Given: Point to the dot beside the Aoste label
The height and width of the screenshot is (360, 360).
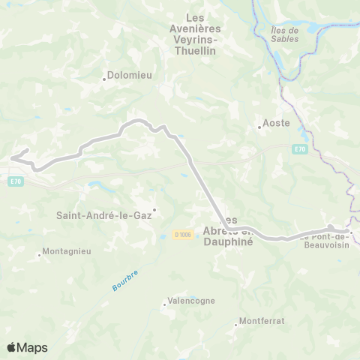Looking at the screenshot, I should [x=259, y=127].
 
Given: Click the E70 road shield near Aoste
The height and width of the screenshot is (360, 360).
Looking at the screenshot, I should [x=300, y=149].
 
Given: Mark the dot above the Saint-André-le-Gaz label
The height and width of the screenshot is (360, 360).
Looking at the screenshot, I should [x=154, y=209].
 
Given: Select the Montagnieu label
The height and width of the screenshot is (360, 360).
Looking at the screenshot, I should [x=67, y=251].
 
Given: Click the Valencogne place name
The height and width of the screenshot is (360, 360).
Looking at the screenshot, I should [x=192, y=301].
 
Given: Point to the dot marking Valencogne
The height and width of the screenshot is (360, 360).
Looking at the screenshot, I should [x=165, y=304].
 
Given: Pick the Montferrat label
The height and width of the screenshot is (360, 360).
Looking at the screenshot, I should [x=262, y=321].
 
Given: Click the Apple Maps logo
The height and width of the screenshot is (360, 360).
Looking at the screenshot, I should [x=27, y=347].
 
